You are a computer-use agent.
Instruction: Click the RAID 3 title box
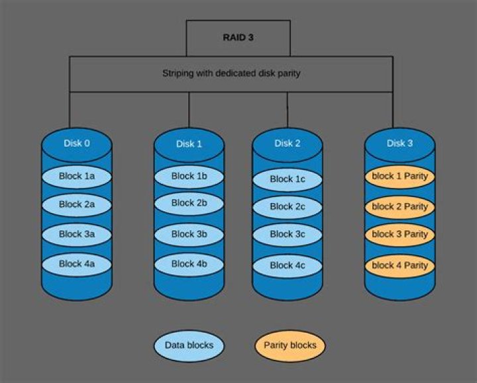(x=238, y=37)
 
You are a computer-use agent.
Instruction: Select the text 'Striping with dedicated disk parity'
(x=231, y=73)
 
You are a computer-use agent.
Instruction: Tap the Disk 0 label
(x=78, y=143)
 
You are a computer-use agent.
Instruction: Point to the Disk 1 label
(x=189, y=144)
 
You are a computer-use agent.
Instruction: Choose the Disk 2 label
(x=287, y=143)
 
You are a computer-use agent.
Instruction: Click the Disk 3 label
(x=399, y=143)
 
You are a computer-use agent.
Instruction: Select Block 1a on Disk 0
(x=78, y=177)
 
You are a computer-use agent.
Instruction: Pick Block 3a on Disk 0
(x=78, y=234)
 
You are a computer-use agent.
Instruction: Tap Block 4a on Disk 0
(x=78, y=264)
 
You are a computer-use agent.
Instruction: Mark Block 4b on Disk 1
(x=189, y=264)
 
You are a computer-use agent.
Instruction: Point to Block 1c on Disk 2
(x=287, y=179)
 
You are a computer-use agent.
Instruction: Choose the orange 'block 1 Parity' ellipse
(x=399, y=177)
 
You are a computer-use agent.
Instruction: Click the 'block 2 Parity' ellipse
(x=399, y=207)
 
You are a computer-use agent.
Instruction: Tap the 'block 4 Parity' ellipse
(x=399, y=265)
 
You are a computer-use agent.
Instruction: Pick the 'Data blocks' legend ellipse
(x=189, y=345)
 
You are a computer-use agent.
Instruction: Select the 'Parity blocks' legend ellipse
(x=290, y=345)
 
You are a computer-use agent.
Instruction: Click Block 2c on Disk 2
(x=287, y=207)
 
